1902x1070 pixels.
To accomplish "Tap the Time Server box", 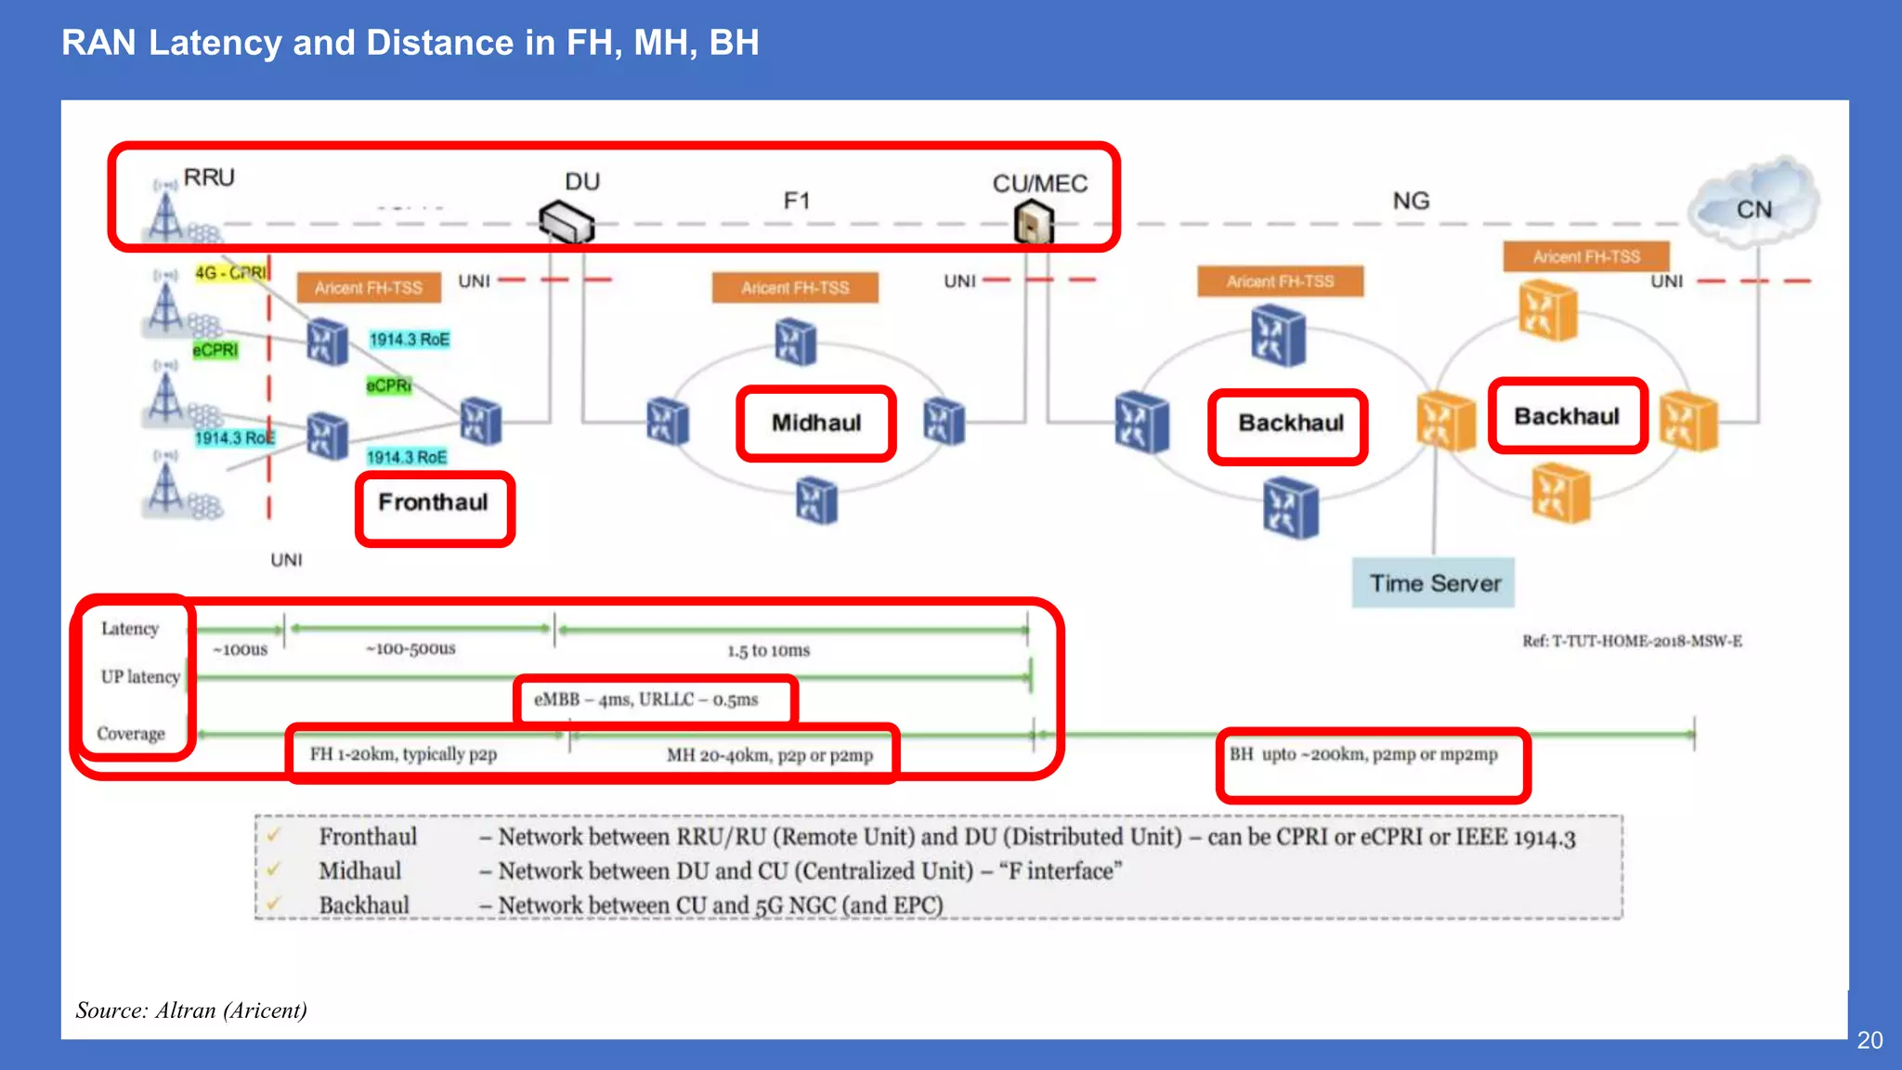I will [x=1434, y=583].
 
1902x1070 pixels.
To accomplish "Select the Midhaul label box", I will [x=816, y=424].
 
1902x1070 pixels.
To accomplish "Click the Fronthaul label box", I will [x=434, y=503].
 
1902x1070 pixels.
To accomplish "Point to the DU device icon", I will [x=567, y=221].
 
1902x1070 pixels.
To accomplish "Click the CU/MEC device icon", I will [x=1034, y=223].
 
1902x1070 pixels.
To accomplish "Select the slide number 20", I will [x=1869, y=1040].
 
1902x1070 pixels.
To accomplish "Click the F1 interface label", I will [x=797, y=201].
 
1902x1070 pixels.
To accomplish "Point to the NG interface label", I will [x=1411, y=201].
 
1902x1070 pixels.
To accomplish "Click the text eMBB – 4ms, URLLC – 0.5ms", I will [x=646, y=699].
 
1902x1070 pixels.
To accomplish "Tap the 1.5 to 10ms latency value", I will [x=768, y=650].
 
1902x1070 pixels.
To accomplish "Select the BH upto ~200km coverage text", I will [x=1363, y=754].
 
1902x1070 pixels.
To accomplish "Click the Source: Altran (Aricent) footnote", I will [x=191, y=1011].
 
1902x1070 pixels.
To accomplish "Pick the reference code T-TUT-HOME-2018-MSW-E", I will [x=1632, y=641].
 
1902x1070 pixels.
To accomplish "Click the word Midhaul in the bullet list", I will [x=360, y=871].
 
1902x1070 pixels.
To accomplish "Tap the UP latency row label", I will [x=140, y=677].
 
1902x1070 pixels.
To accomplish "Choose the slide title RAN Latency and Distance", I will [x=410, y=43].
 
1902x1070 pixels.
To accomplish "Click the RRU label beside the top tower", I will [x=209, y=177].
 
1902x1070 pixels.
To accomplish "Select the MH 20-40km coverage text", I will [x=770, y=755].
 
